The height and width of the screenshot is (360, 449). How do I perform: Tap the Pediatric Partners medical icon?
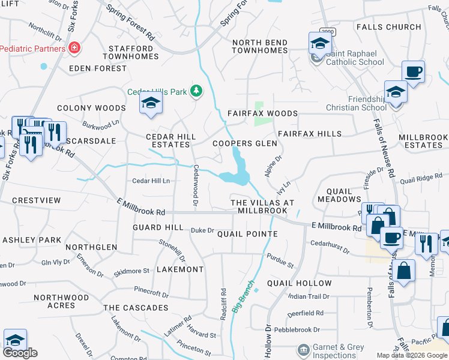[x=74, y=47]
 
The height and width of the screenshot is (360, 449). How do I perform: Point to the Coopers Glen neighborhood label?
[x=245, y=143]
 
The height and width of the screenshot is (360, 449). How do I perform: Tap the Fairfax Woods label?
[x=262, y=113]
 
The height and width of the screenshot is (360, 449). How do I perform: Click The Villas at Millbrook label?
[x=263, y=207]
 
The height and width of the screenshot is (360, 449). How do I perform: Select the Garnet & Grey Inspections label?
[x=339, y=351]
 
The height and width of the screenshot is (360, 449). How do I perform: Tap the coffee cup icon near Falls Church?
[x=413, y=71]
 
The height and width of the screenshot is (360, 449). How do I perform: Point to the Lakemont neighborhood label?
[x=180, y=269]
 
